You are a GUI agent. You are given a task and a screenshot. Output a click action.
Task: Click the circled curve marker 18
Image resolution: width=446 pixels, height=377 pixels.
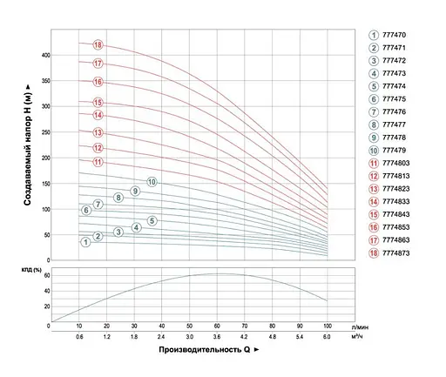[98, 45]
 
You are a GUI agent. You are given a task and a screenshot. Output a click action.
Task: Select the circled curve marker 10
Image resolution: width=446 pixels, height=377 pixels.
[152, 182]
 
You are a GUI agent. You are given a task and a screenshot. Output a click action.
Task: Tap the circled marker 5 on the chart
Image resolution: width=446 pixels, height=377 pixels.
[152, 221]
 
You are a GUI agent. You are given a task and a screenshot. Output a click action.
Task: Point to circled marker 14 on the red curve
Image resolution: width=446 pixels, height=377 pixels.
[98, 115]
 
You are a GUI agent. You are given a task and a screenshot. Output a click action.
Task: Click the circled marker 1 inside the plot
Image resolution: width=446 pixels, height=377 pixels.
[85, 242]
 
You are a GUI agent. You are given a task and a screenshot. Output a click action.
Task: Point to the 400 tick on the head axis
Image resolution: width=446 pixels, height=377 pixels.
[44, 55]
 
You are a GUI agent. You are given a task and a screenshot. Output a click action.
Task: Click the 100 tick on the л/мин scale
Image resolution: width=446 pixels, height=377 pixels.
[328, 327]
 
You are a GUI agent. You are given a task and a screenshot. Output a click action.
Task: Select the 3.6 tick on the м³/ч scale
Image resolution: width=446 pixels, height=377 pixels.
[218, 336]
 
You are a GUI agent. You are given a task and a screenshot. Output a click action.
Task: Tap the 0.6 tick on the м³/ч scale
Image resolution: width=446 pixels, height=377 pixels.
[80, 336]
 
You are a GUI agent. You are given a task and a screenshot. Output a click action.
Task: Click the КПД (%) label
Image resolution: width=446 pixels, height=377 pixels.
[30, 271]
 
